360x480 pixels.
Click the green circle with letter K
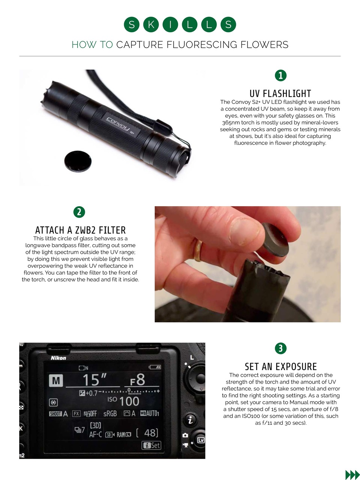tap(151, 25)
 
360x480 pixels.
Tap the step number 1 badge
tap(280, 75)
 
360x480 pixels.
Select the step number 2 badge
tap(79, 212)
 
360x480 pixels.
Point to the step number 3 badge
tap(280, 348)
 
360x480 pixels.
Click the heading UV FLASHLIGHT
tap(280, 93)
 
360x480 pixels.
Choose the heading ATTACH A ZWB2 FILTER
tap(80, 230)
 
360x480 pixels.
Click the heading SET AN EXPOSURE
tap(280, 366)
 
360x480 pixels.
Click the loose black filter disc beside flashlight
tap(78, 161)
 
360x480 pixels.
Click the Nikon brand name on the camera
tap(58, 358)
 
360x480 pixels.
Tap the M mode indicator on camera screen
tap(55, 381)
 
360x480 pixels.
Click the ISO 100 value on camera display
tap(123, 401)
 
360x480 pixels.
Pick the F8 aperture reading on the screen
tap(137, 380)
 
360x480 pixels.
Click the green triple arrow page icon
tap(352, 475)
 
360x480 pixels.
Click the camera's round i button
tap(190, 420)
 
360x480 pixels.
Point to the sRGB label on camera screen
tap(110, 413)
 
